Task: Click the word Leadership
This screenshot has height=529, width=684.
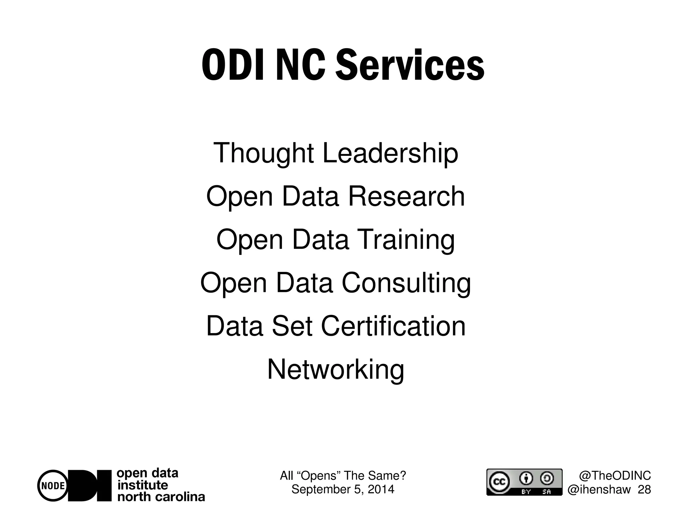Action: click(x=390, y=153)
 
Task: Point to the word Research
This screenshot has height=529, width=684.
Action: click(x=406, y=196)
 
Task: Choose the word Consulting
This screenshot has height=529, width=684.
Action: click(x=406, y=283)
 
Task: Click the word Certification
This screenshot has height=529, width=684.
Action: click(x=393, y=326)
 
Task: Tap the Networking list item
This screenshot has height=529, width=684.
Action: click(x=335, y=369)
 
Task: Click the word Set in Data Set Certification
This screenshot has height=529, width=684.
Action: click(x=292, y=326)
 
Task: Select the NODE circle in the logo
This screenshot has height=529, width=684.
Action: click(x=53, y=486)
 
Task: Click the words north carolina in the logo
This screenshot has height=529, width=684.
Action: click(x=161, y=497)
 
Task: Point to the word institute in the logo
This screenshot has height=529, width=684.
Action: click(x=143, y=485)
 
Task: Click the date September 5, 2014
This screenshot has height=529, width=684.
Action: click(x=343, y=489)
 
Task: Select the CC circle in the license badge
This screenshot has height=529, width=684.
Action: click(x=499, y=482)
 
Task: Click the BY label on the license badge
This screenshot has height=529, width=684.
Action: click(x=526, y=492)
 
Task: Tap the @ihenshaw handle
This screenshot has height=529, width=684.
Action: click(x=599, y=490)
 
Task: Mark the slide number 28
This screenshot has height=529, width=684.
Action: click(x=644, y=490)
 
